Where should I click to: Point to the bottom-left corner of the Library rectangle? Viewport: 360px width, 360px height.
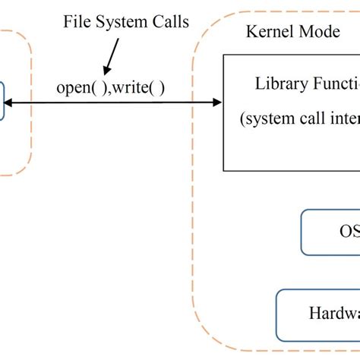[223, 171]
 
